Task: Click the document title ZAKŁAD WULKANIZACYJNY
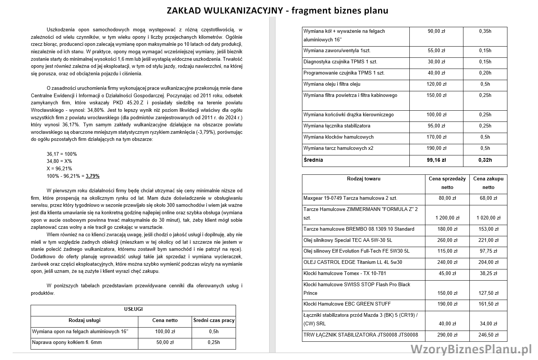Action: point(225,10)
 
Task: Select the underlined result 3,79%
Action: point(92,176)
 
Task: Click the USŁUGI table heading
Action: point(133,309)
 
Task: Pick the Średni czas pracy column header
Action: point(214,320)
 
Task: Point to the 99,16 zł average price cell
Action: point(436,160)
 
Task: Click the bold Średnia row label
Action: point(313,160)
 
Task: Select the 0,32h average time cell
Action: point(485,160)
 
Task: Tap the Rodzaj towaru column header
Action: point(364,179)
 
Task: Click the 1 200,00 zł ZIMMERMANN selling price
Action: point(447,218)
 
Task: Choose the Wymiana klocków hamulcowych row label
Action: point(339,137)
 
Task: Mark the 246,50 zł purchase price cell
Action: point(488,335)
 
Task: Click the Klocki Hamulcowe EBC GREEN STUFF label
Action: point(342,304)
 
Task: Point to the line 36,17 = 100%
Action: point(62,154)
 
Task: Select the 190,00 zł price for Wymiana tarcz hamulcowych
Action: point(436,148)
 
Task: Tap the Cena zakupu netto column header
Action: point(488,183)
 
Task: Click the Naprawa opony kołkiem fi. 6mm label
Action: point(67,342)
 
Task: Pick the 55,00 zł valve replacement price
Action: point(436,51)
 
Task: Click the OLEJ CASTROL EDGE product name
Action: point(353,262)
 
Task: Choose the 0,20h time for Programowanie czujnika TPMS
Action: point(485,73)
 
